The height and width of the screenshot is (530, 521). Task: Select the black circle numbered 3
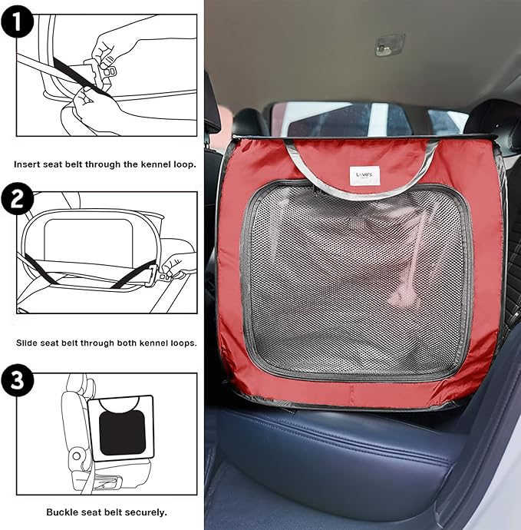tap(17, 380)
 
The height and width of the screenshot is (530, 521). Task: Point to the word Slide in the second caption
tap(27, 343)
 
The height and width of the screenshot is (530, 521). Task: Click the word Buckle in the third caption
tap(59, 512)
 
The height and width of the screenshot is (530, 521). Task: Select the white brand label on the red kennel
tap(364, 175)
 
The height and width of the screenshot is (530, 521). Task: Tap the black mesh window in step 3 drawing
tap(123, 433)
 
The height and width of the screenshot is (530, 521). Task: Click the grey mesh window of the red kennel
tap(357, 281)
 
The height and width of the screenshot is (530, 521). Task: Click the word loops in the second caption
tap(184, 344)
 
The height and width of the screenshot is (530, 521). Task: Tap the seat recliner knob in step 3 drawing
tap(76, 456)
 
